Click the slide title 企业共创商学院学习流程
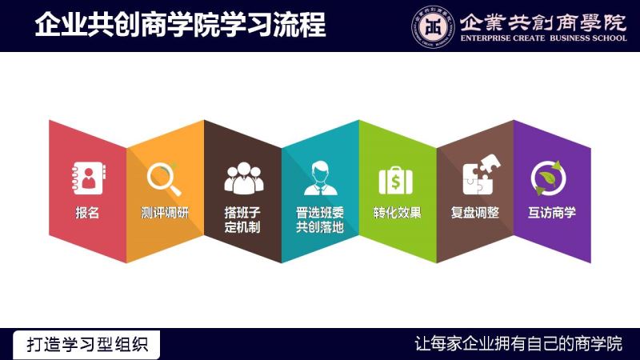[180, 25]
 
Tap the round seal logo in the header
[433, 27]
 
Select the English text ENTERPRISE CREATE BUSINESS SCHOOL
[544, 38]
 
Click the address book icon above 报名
[89, 178]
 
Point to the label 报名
[87, 213]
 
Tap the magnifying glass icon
[164, 179]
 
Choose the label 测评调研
[165, 213]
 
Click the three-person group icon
[244, 178]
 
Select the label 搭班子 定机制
[242, 219]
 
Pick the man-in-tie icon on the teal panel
[321, 178]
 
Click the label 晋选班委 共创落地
[320, 219]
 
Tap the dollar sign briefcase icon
[395, 181]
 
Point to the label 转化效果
[397, 213]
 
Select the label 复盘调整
[475, 213]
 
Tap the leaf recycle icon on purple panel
[549, 178]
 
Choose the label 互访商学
[552, 213]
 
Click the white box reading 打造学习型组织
[86, 345]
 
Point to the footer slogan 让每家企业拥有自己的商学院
[518, 344]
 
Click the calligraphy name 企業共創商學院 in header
[543, 22]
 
